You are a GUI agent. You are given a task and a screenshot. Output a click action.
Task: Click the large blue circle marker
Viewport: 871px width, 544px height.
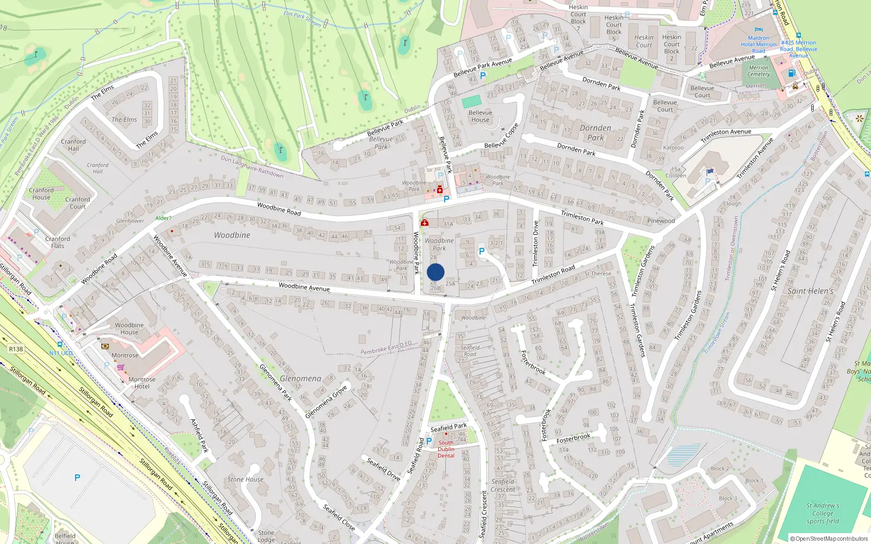(x=436, y=272)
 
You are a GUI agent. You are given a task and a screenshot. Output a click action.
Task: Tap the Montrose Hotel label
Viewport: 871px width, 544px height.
(x=142, y=383)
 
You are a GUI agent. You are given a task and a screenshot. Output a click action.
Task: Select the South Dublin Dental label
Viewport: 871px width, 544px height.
(x=446, y=449)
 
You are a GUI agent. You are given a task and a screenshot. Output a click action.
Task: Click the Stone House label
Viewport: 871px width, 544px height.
(x=246, y=479)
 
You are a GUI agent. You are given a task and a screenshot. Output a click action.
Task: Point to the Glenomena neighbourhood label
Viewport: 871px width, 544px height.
(x=300, y=379)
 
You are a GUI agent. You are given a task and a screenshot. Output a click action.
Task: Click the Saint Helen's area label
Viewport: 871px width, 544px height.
(x=810, y=291)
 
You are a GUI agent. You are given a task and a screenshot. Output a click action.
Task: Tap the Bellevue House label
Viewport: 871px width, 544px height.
(x=480, y=116)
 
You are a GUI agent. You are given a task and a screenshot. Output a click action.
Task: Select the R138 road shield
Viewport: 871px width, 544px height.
(x=16, y=349)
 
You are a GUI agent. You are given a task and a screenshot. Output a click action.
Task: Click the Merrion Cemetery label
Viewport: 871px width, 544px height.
(x=758, y=71)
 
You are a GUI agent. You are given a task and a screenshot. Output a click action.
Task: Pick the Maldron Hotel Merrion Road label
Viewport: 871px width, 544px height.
(x=758, y=44)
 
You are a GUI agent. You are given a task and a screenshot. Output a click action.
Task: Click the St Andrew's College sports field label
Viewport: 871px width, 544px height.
(x=823, y=513)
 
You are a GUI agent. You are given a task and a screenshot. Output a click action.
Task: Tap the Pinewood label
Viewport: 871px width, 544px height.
(x=661, y=221)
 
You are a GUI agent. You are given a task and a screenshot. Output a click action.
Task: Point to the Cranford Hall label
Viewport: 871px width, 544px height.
(x=73, y=145)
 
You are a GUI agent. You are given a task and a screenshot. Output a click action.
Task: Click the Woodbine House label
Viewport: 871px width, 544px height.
(x=130, y=329)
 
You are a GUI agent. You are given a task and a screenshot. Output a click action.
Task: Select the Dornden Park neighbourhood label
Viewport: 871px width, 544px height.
(x=595, y=133)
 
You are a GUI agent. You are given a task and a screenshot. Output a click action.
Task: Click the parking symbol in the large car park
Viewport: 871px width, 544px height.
(x=77, y=478)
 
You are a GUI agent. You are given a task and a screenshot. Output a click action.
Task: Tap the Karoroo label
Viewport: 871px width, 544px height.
(x=673, y=148)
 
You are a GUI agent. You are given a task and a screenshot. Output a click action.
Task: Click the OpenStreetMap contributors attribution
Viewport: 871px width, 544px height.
(x=829, y=539)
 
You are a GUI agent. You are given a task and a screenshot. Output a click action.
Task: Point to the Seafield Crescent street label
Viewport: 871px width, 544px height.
(x=502, y=485)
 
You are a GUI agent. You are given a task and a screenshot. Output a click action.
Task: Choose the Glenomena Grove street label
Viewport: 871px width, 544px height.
(x=326, y=402)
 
